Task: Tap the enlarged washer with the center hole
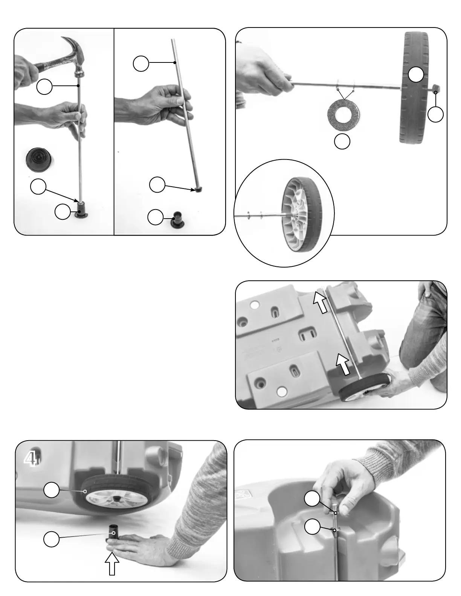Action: (x=343, y=112)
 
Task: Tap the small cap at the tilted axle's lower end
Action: (x=197, y=190)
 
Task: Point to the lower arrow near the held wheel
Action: (x=344, y=363)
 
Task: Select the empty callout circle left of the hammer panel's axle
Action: (x=44, y=87)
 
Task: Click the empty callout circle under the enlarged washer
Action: (x=342, y=141)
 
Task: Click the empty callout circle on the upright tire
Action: (x=416, y=74)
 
